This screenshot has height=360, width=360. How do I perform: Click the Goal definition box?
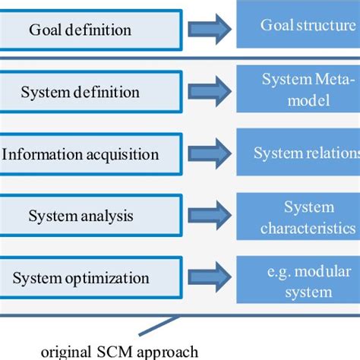click(90, 30)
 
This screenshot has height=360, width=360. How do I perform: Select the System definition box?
click(90, 93)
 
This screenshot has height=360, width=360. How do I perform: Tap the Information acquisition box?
click(90, 154)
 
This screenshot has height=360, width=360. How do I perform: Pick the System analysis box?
click(90, 216)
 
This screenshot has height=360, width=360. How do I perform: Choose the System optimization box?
click(90, 278)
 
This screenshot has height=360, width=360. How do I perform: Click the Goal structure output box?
click(298, 25)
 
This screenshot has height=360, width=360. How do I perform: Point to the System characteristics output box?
click(298, 216)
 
